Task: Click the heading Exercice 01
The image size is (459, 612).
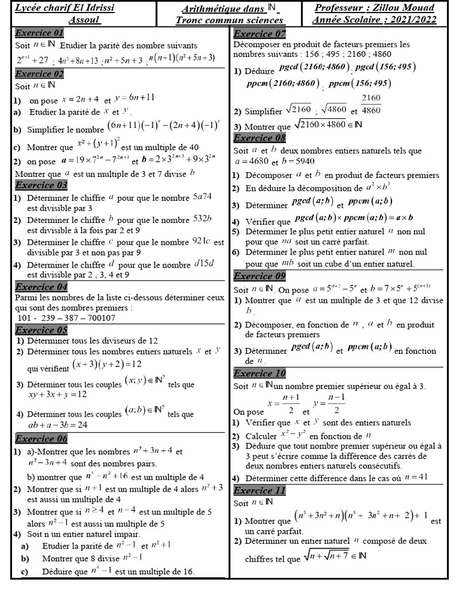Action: [39, 33]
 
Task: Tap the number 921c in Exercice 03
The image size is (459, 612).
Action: [201, 242]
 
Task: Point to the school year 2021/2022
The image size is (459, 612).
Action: [409, 20]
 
